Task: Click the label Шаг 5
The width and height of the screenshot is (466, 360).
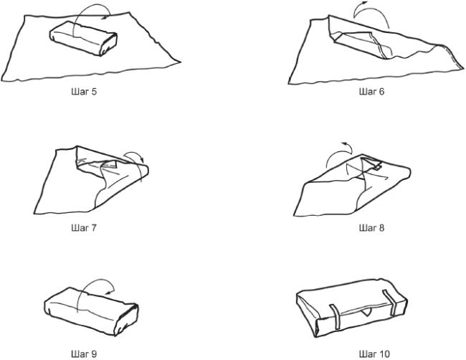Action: (84, 92)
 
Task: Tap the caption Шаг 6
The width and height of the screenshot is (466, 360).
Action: (371, 92)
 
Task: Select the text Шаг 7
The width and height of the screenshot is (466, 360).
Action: (84, 228)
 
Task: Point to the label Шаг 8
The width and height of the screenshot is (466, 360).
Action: (371, 228)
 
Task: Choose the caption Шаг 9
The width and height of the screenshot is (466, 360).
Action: (84, 354)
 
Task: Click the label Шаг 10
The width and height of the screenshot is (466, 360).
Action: (374, 354)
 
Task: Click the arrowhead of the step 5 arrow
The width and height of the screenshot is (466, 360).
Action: (104, 17)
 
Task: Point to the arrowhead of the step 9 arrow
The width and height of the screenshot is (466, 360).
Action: (110, 292)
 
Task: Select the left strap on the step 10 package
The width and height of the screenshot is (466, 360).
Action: (336, 317)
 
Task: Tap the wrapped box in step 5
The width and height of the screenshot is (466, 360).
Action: (83, 38)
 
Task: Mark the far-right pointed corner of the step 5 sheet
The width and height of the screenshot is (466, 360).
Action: (180, 62)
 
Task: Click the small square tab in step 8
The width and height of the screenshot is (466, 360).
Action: (377, 168)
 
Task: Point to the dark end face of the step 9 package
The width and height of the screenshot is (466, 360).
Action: (127, 320)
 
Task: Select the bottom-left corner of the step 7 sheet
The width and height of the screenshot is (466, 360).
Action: (34, 214)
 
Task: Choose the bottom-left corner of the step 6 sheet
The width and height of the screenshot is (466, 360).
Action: (289, 83)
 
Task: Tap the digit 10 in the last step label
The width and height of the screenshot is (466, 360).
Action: (384, 354)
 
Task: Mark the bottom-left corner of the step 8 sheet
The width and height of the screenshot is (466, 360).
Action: (294, 216)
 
